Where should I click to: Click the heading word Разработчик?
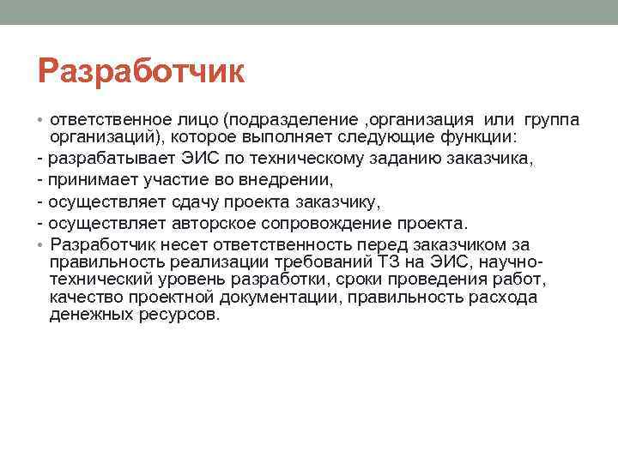tap(141, 72)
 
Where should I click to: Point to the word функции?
tap(482, 136)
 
